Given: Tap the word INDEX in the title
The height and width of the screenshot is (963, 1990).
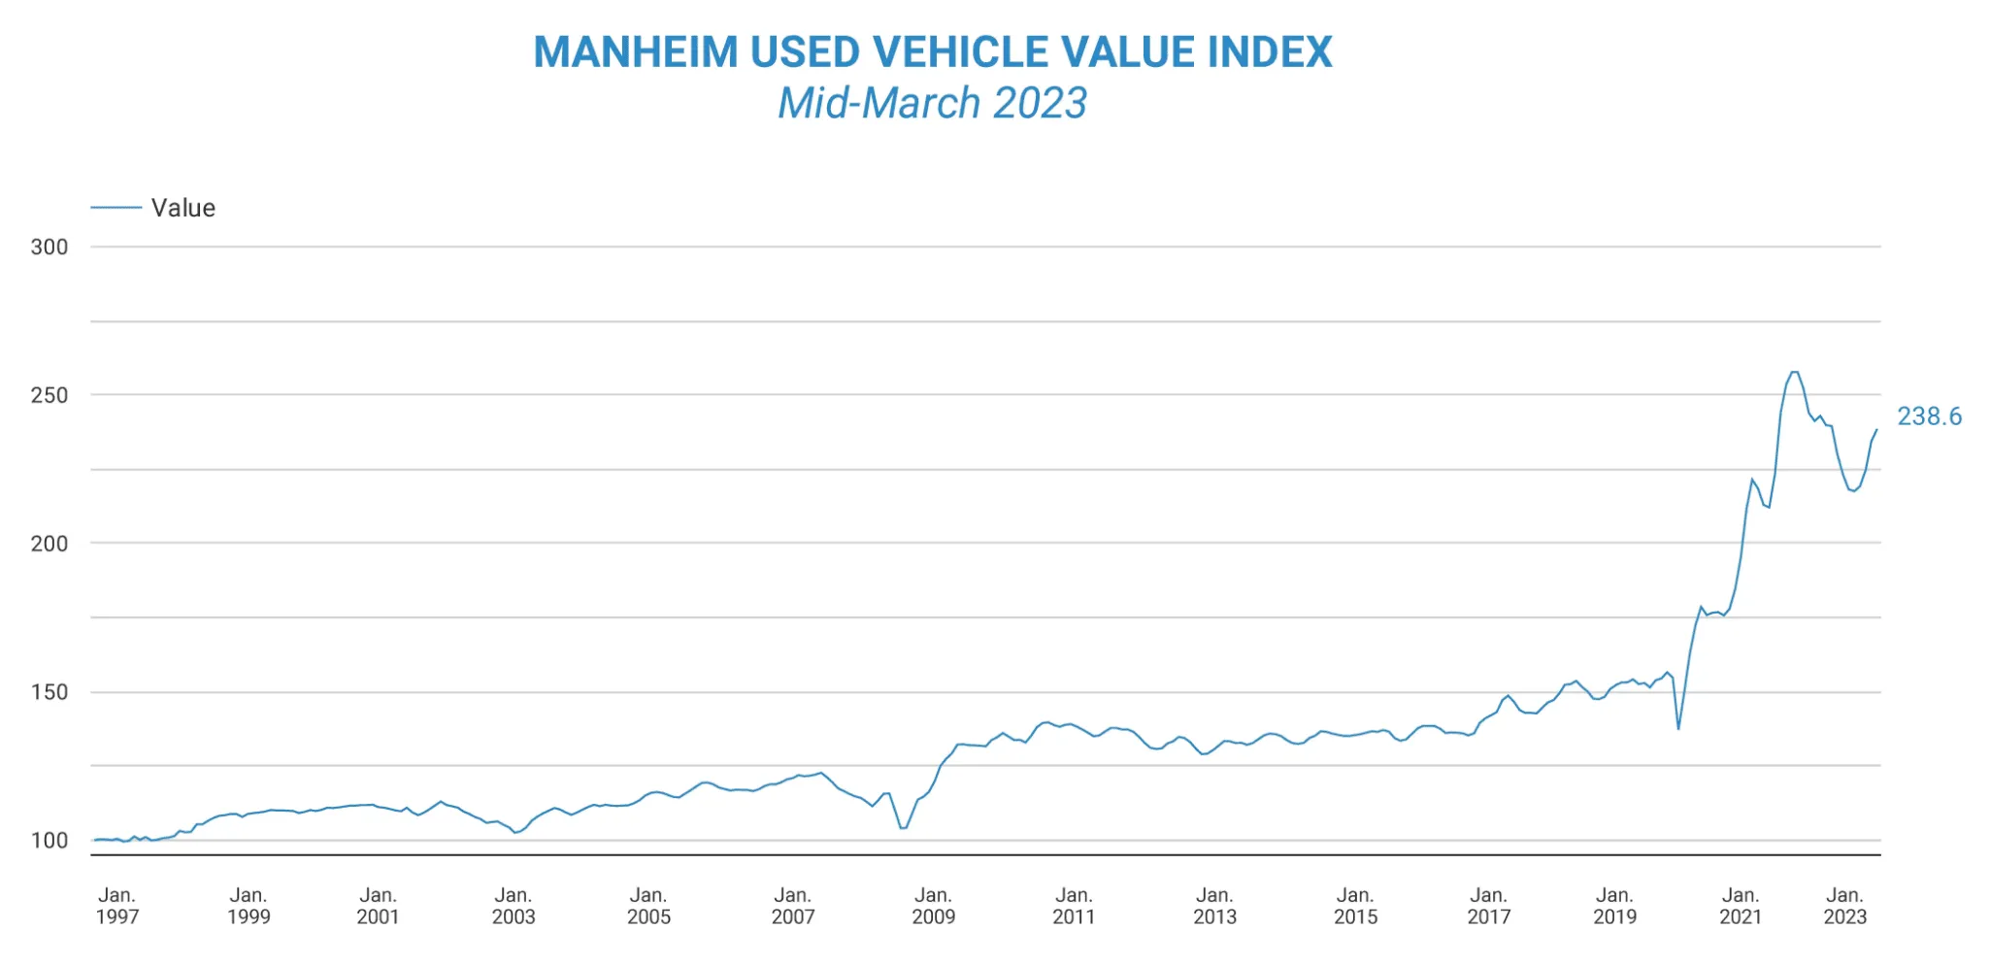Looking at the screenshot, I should click(1270, 52).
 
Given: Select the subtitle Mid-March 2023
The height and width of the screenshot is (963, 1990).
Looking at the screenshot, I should click(932, 103).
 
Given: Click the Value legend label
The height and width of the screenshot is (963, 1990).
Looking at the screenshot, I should click(182, 208).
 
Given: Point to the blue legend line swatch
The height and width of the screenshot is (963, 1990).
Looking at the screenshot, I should click(116, 208).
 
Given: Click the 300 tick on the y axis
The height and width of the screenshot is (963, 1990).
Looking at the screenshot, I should click(50, 247).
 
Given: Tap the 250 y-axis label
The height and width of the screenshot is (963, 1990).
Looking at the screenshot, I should click(50, 395).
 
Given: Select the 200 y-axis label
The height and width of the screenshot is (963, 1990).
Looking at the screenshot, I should click(50, 544).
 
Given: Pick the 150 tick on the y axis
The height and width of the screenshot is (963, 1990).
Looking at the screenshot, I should click(50, 692).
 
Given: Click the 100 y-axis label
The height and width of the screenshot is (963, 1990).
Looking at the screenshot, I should click(50, 841).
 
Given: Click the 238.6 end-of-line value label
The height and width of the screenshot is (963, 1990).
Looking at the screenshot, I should click(1929, 416).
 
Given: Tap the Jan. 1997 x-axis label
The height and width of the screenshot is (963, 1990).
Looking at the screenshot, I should click(116, 906).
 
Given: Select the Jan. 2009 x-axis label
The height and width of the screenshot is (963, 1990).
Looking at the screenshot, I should click(933, 906).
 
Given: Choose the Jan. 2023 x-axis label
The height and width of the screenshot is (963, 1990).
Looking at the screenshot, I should click(1844, 906).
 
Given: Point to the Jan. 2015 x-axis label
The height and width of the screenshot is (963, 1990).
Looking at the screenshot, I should click(1355, 906).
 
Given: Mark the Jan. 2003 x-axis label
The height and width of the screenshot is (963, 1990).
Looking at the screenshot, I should click(513, 906).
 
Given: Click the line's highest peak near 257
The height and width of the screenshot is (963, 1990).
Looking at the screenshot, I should click(1794, 372).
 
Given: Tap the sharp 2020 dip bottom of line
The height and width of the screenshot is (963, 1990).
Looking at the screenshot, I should click(1678, 728).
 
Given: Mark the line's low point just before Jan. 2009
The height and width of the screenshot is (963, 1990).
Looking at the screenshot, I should click(903, 828).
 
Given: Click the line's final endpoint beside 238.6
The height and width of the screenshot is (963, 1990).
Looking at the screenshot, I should click(1876, 429).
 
